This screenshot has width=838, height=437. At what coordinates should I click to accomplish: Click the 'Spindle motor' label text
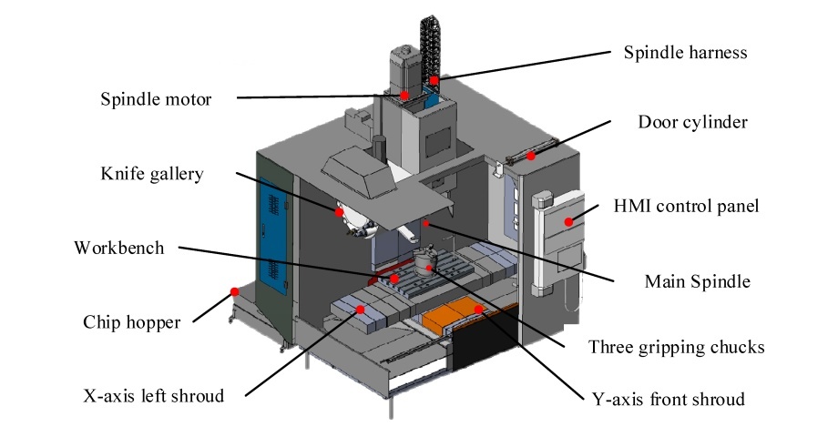[x=155, y=98]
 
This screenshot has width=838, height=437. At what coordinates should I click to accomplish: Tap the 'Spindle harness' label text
[x=685, y=52]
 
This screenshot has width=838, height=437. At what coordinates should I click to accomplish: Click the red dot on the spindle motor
[x=404, y=95]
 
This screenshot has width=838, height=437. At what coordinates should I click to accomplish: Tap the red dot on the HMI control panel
[x=568, y=221]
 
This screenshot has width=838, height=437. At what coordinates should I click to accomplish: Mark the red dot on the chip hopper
[x=234, y=292]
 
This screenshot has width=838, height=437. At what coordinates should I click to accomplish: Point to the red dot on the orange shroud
[x=476, y=310]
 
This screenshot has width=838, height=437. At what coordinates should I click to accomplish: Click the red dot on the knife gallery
[x=339, y=212]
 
